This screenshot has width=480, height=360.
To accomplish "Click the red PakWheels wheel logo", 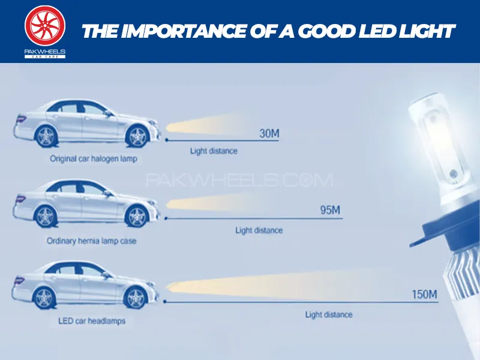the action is (45, 26).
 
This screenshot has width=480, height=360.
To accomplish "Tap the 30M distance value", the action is (269, 133).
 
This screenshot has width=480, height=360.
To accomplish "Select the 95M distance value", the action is (330, 210).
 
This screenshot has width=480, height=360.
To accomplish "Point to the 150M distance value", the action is (424, 294).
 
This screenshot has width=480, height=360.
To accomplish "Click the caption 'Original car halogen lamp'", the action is (94, 158).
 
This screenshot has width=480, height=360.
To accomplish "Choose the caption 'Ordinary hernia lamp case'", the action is (91, 241).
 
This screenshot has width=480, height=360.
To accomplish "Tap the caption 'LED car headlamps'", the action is (92, 321).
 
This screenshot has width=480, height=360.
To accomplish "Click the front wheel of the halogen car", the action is (137, 136).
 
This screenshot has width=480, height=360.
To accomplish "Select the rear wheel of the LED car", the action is (44, 298).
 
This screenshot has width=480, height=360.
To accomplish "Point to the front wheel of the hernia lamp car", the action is (137, 217).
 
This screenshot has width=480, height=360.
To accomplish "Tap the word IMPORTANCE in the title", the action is (184, 31).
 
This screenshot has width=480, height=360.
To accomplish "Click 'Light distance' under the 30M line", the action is (214, 151).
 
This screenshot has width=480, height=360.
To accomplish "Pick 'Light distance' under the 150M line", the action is (329, 314).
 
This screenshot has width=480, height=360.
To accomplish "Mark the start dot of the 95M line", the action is (166, 218).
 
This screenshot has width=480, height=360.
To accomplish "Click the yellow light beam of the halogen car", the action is (205, 125).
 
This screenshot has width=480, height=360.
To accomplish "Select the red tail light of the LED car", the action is (19, 280).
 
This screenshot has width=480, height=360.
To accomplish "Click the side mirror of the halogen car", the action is (109, 114).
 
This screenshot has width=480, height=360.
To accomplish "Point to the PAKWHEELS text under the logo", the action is (45, 52).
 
